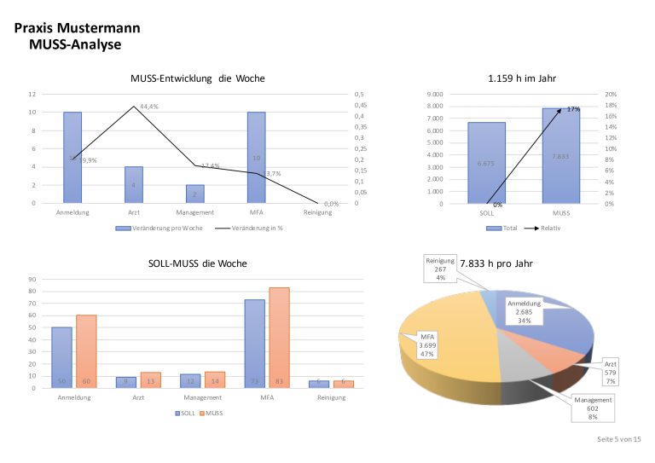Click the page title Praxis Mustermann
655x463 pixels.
click(78, 27)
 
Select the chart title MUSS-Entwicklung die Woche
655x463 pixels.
click(197, 78)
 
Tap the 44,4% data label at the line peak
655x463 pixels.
click(149, 107)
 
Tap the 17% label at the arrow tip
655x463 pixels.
click(574, 109)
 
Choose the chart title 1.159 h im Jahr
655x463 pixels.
click(522, 78)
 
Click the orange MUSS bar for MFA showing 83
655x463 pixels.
click(278, 338)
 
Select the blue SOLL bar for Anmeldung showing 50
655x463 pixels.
click(61, 357)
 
